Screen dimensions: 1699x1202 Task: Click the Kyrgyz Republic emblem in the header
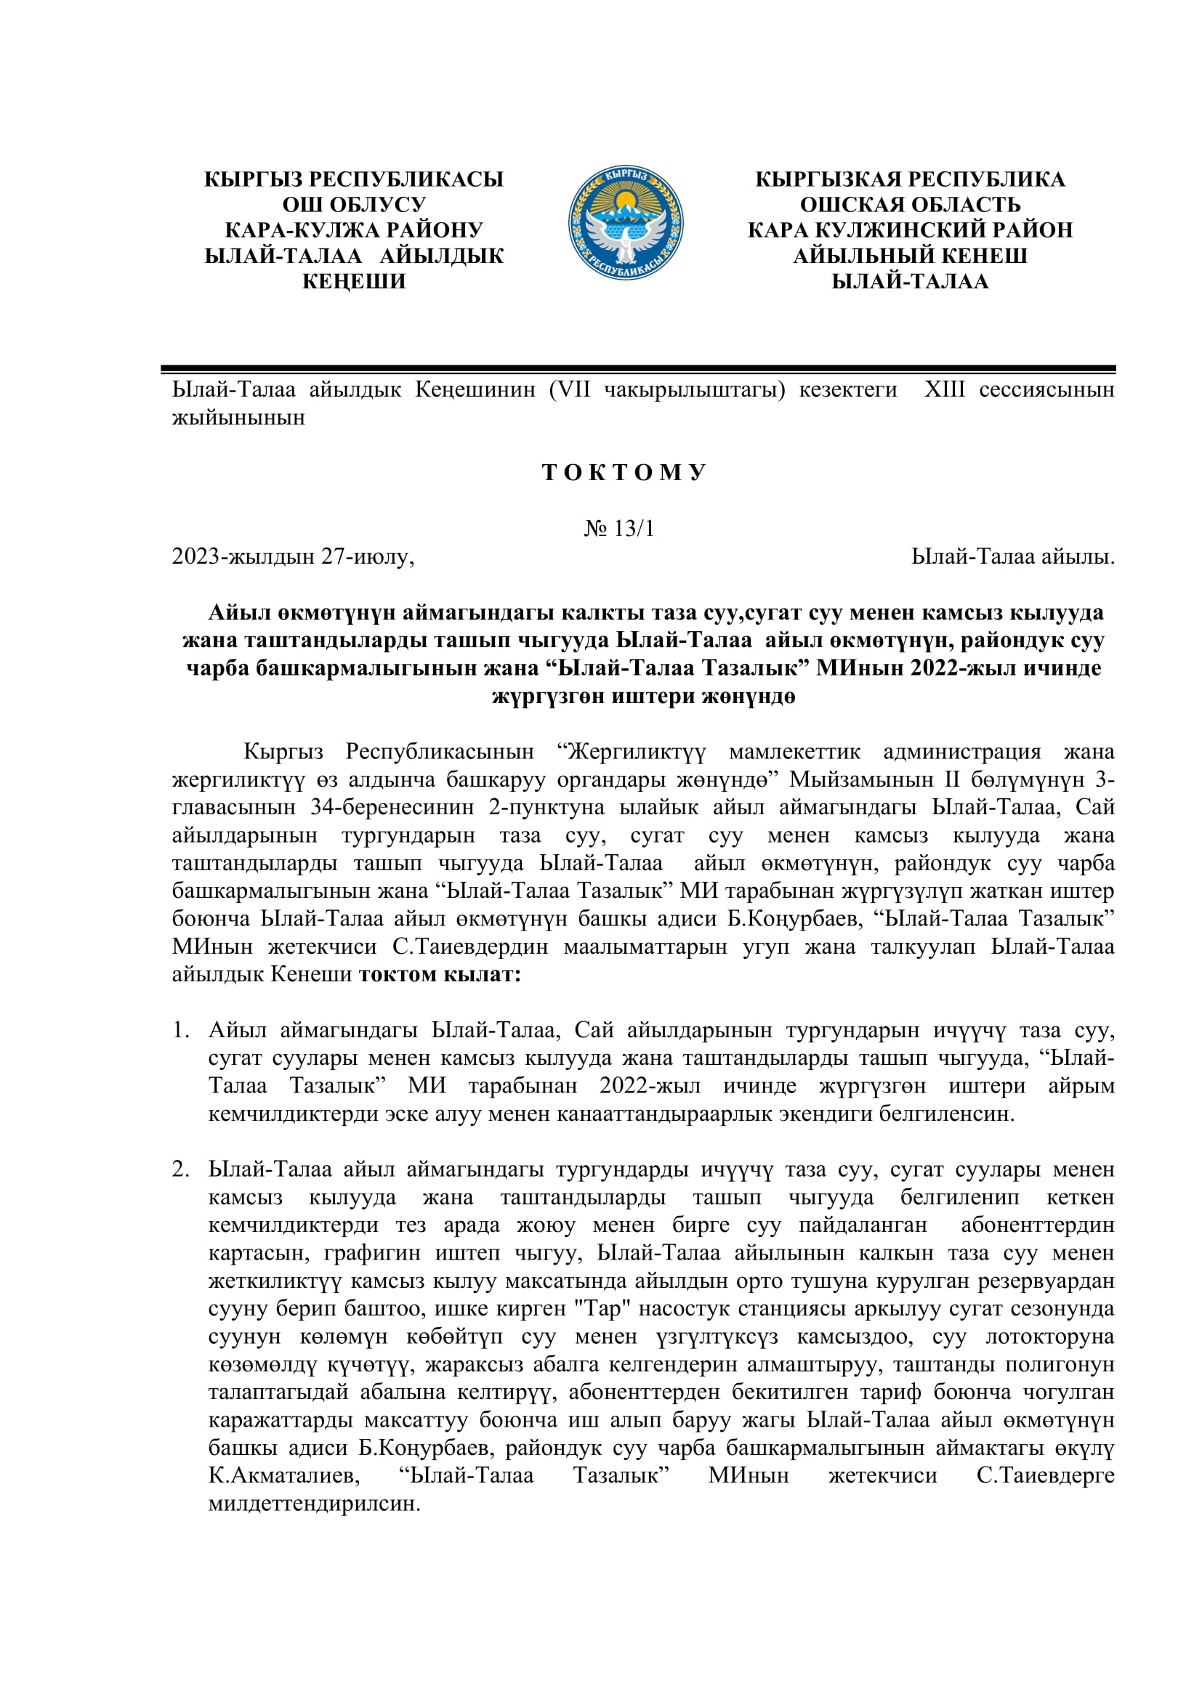pyautogui.click(x=626, y=223)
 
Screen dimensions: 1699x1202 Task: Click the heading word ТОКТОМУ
pyautogui.click(x=624, y=472)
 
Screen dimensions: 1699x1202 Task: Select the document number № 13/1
pyautogui.click(x=618, y=528)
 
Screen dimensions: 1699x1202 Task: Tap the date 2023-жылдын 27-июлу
pyautogui.click(x=293, y=556)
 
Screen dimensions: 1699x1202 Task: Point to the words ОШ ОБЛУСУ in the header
pyautogui.click(x=354, y=204)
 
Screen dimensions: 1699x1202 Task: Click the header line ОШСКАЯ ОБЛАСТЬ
pyautogui.click(x=910, y=204)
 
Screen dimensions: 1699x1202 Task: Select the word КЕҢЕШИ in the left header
pyautogui.click(x=354, y=281)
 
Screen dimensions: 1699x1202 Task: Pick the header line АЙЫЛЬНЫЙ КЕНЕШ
pyautogui.click(x=910, y=256)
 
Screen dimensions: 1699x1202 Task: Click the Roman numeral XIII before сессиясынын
pyautogui.click(x=945, y=389)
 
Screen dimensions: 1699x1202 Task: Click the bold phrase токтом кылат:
pyautogui.click(x=440, y=974)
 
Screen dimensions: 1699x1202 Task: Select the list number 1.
pyautogui.click(x=180, y=1030)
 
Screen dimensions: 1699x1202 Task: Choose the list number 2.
pyautogui.click(x=180, y=1169)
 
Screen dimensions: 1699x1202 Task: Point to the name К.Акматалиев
pyautogui.click(x=284, y=1475)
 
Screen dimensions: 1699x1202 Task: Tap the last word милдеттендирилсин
pyautogui.click(x=314, y=1504)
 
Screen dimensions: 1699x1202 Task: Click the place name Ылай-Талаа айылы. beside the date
pyautogui.click(x=1012, y=556)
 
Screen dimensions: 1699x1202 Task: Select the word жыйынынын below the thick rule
pyautogui.click(x=238, y=418)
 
